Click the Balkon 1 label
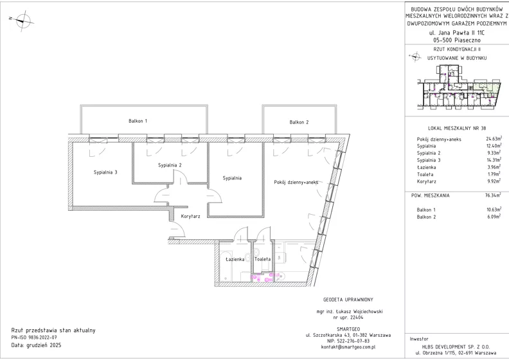(138, 121)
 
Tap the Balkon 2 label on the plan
(299, 122)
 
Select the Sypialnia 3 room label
(105, 172)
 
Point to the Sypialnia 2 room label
(170, 165)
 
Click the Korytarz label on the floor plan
(190, 216)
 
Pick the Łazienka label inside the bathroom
(235, 259)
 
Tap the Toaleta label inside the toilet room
(262, 259)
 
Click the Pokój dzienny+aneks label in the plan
(296, 183)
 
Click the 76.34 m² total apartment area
(492, 195)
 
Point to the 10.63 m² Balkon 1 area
(494, 210)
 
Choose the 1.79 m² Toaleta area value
(495, 174)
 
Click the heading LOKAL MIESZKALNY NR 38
(457, 128)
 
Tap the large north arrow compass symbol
(21, 21)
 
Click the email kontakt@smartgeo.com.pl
(348, 346)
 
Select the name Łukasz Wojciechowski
(360, 311)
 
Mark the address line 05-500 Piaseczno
(457, 40)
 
